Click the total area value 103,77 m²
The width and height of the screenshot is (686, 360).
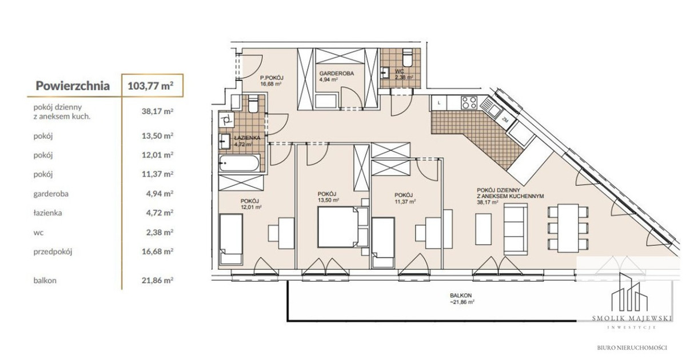point(150,86)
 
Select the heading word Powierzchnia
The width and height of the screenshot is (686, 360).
point(73,86)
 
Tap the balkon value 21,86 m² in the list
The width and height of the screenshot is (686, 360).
point(157,280)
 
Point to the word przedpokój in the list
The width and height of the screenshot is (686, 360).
point(53,251)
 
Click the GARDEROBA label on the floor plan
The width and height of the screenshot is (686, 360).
point(337,74)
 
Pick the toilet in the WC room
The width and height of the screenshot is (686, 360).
point(408,58)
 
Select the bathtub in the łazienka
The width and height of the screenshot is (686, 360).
point(240,163)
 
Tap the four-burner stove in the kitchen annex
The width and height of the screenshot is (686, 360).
point(469,103)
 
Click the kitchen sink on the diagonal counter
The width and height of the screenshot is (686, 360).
point(490,108)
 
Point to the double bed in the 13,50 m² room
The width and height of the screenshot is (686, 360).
point(338,227)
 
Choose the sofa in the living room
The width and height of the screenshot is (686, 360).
point(516,229)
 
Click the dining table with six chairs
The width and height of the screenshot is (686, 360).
point(568,228)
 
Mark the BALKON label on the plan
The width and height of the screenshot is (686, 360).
point(461,295)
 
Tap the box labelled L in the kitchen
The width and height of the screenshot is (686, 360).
point(439,103)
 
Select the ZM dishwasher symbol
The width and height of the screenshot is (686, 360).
point(505,121)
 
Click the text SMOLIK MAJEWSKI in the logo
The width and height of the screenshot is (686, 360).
point(632,318)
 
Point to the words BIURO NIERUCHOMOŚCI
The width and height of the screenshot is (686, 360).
point(632,348)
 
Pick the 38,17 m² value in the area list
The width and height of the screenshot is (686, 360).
point(157,111)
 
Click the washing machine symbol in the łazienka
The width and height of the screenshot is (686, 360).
point(226,119)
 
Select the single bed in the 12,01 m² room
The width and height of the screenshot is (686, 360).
point(231,239)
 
